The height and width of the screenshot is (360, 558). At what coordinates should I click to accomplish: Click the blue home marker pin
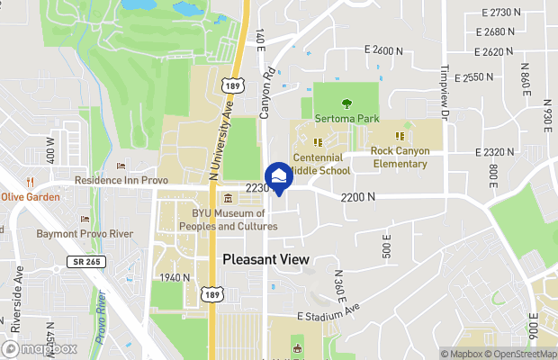(x=278, y=176)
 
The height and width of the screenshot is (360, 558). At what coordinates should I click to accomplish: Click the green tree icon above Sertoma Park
(x=347, y=103)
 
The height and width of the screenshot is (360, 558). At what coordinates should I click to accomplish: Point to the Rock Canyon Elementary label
(x=400, y=157)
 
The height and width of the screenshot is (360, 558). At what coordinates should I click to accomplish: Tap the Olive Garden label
(x=31, y=197)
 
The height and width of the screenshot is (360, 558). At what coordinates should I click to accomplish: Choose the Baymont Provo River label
(x=84, y=233)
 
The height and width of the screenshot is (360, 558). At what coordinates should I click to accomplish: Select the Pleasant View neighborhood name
(x=265, y=259)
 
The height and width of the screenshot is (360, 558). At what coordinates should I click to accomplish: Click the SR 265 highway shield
(x=77, y=262)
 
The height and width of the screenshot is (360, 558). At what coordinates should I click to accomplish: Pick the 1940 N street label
(x=174, y=277)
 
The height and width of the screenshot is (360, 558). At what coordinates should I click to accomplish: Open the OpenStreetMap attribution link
(x=523, y=354)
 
